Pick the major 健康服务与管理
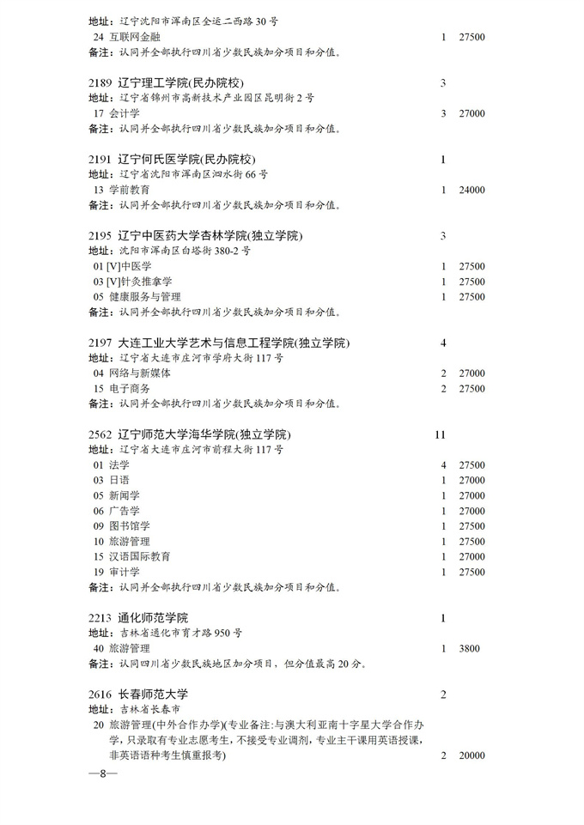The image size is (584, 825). coord(149,297)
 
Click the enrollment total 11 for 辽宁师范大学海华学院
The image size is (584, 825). coord(441,434)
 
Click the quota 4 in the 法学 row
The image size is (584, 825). coord(443,465)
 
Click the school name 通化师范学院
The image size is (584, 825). coord(153,618)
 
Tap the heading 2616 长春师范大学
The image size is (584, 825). coord(138,694)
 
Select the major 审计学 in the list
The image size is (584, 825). coord(125,572)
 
